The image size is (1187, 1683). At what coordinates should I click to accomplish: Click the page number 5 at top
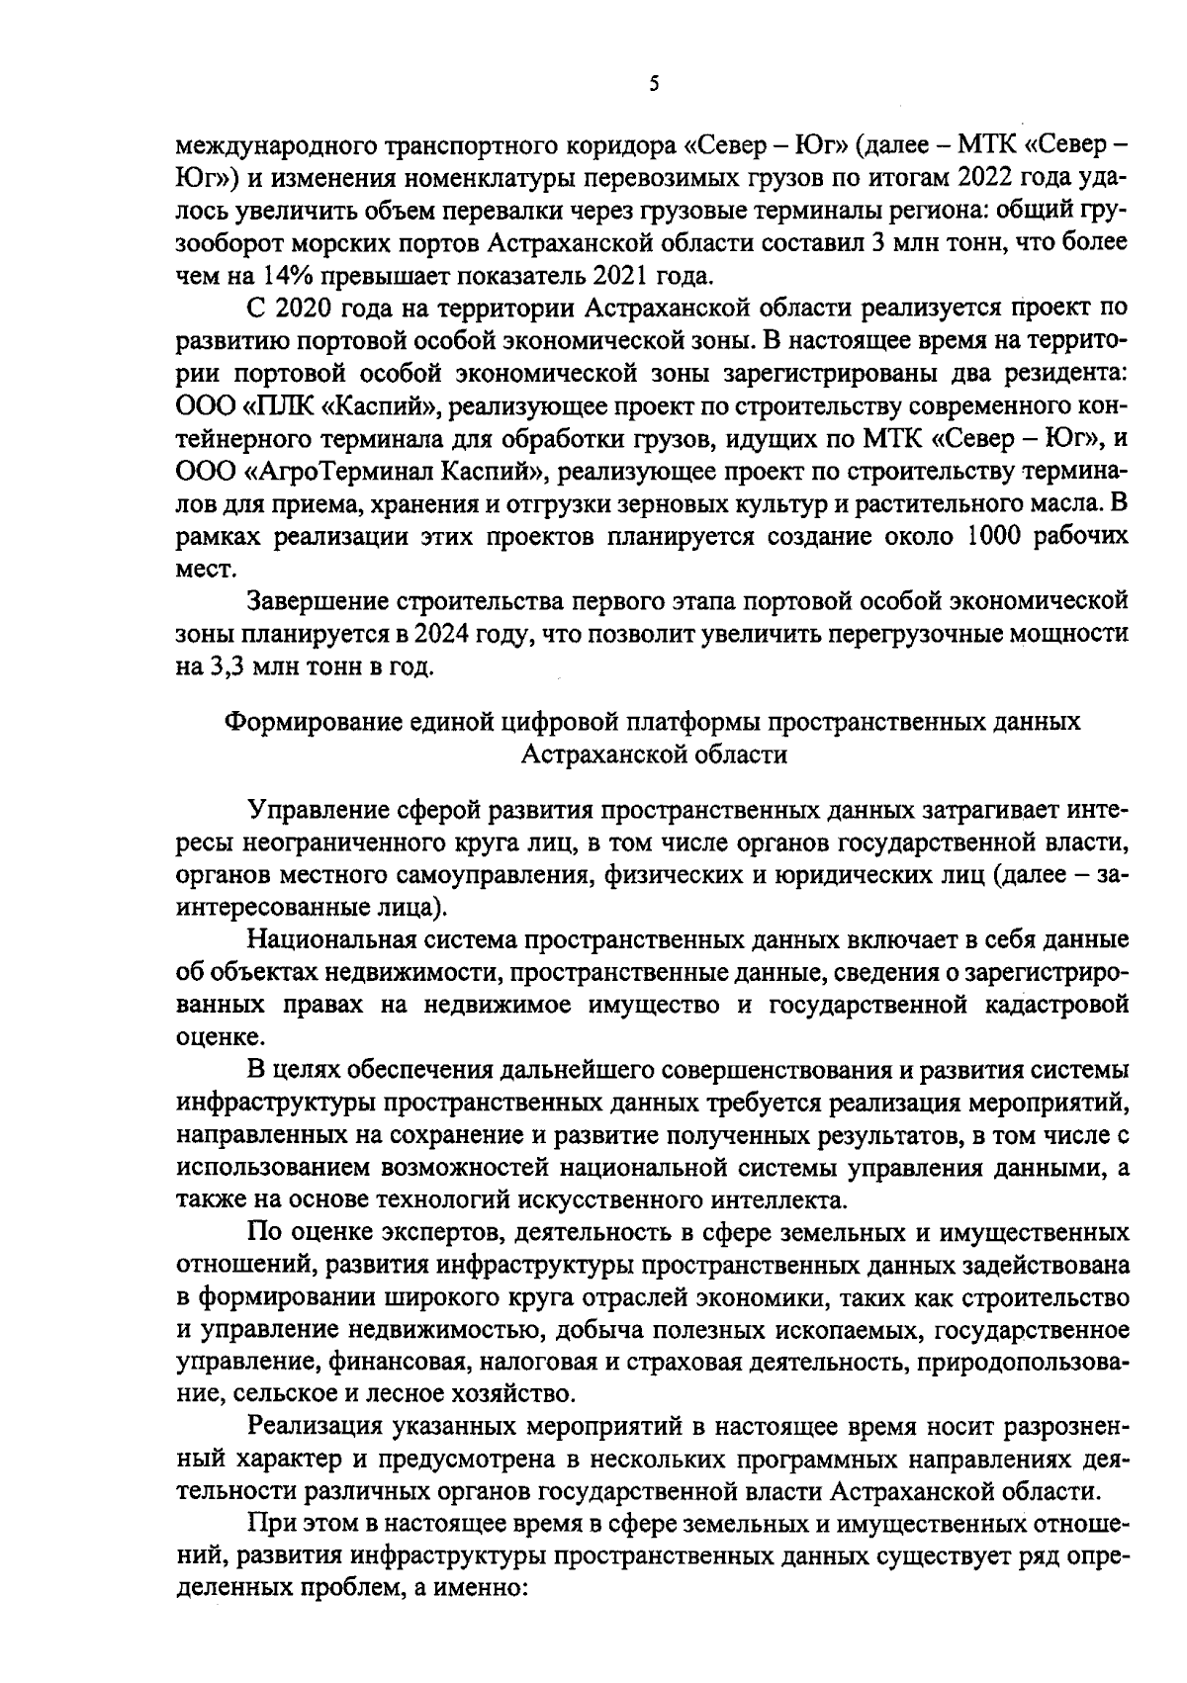pos(654,85)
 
